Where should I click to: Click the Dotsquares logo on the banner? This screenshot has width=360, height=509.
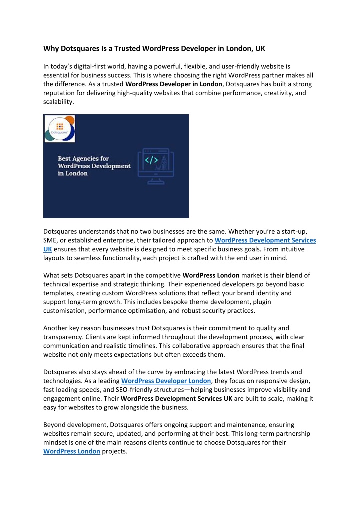(59, 129)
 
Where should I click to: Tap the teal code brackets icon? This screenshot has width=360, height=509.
(151, 161)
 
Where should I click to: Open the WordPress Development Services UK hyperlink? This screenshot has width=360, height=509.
(265, 240)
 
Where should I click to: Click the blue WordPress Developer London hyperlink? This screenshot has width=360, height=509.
(166, 381)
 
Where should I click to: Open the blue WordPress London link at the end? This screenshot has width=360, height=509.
(72, 451)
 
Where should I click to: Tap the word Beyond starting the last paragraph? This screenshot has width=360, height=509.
(56, 425)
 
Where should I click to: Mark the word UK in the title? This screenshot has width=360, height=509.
(260, 49)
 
